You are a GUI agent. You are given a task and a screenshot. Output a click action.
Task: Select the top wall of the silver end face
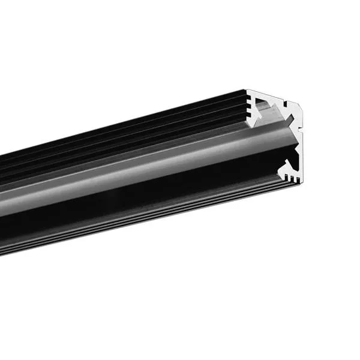(x=276, y=94)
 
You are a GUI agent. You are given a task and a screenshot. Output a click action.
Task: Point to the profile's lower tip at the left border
(x=2, y=252)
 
